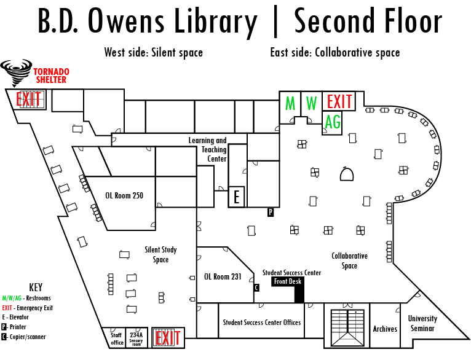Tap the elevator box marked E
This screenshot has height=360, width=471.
[236, 197]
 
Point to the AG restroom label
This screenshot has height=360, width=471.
[333, 122]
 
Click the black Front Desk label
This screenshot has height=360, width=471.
[288, 281]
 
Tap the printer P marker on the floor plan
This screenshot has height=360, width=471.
[271, 212]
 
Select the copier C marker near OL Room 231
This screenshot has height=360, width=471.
[256, 288]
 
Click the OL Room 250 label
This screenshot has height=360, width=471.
[124, 195]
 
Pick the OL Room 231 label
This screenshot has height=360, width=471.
[223, 276]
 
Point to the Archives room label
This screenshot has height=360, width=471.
[385, 329]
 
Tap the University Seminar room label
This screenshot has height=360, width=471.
[422, 323]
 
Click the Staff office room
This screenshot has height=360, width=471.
[117, 338]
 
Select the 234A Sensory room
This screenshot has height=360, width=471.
[137, 338]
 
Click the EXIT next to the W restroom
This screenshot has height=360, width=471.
[339, 101]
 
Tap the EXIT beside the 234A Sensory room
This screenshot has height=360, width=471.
[168, 338]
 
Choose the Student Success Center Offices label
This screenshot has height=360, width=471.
[262, 323]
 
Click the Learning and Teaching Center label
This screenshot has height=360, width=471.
[208, 149]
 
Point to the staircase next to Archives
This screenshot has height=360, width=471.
[347, 328]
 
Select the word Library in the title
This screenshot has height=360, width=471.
[216, 22]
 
